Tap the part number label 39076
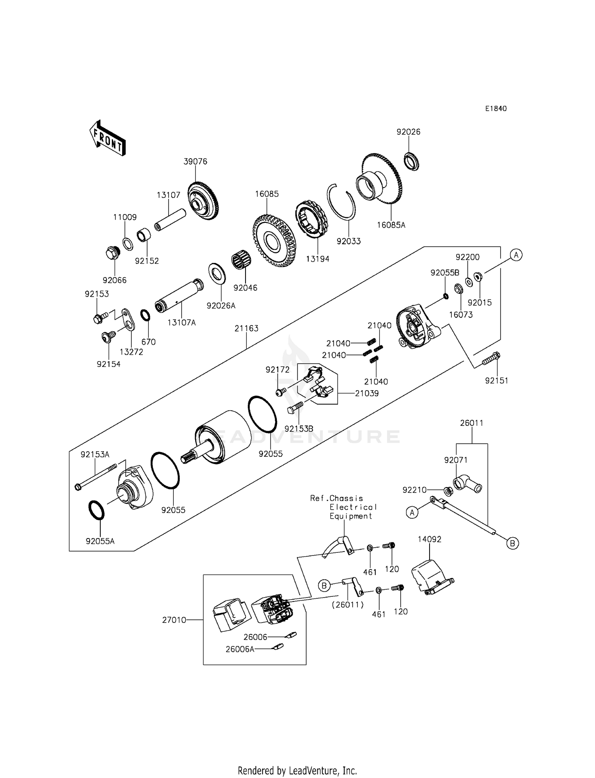click(195, 161)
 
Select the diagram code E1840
click(496, 109)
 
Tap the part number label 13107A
click(181, 322)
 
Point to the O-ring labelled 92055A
click(96, 510)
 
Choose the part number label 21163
click(246, 328)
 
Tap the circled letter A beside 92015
click(516, 255)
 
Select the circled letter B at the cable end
click(512, 543)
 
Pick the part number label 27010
click(174, 620)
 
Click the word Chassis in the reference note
click(346, 498)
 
